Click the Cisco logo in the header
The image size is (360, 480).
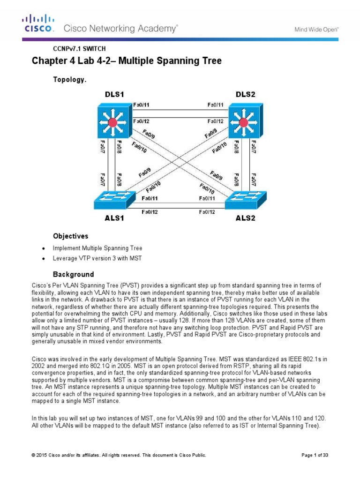tap(39, 23)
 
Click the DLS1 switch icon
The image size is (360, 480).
tap(112, 123)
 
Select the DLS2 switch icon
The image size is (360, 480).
tap(243, 123)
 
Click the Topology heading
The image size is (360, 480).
tap(69, 80)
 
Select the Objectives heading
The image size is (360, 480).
tap(70, 236)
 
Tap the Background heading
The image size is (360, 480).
tap(73, 274)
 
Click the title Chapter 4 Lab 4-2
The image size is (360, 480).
tap(127, 61)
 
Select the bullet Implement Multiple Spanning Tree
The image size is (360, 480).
tap(97, 248)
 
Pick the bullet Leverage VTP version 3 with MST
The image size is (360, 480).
tap(97, 258)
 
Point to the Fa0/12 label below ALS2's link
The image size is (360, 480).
tap(207, 212)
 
